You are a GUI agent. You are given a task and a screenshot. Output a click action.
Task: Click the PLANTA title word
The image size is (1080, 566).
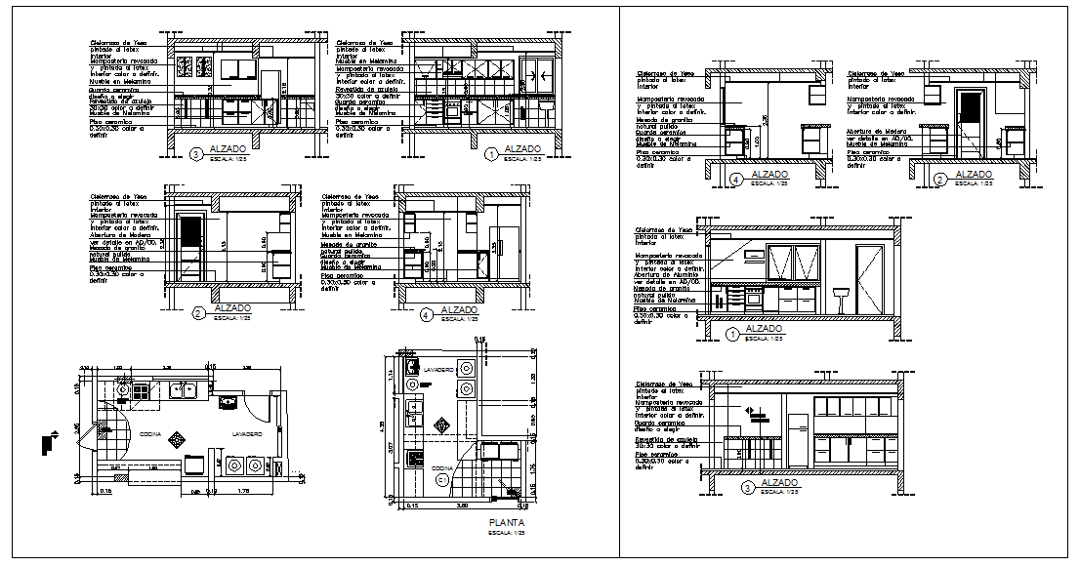click(505, 524)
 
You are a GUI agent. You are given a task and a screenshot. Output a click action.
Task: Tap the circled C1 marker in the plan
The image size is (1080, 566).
click(441, 479)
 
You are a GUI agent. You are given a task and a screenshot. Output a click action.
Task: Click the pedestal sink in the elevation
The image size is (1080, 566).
click(839, 294)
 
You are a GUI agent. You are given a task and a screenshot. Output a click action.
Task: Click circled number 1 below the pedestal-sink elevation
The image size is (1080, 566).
click(732, 335)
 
